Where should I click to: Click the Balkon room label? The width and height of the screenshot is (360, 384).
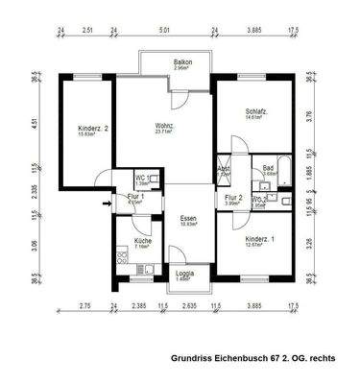(181, 62)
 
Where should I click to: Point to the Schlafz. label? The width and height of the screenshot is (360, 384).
(255, 112)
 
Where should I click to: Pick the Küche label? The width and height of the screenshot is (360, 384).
(142, 241)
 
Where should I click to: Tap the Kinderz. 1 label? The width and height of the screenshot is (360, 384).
(260, 238)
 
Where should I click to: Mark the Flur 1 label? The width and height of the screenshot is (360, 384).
(135, 197)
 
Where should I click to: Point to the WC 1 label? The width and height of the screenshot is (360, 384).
(140, 178)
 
